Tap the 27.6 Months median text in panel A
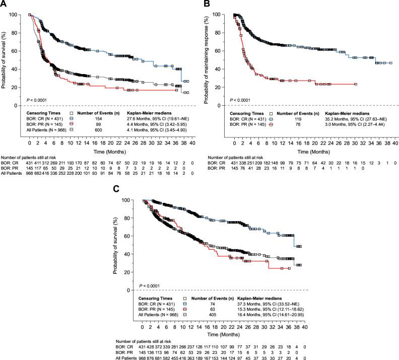coord(137,119)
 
